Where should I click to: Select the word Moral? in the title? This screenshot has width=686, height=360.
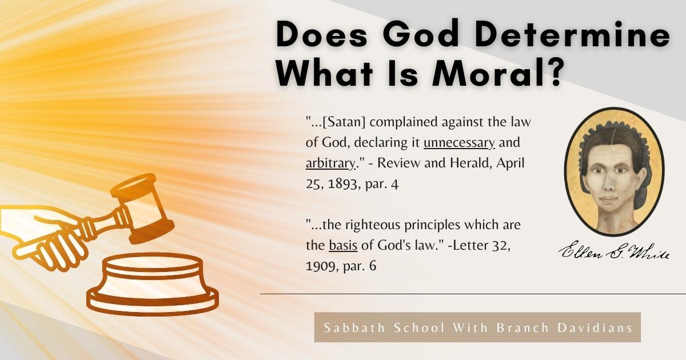(498, 74)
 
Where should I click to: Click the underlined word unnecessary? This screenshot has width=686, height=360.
(459, 143)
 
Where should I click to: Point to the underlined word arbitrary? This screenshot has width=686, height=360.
(330, 163)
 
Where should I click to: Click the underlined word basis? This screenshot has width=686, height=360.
(343, 245)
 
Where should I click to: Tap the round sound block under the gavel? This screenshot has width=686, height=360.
(153, 284)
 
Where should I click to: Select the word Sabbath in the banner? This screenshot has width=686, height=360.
(354, 328)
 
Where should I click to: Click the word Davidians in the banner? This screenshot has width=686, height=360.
(595, 328)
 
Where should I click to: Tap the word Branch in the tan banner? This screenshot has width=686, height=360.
(523, 328)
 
